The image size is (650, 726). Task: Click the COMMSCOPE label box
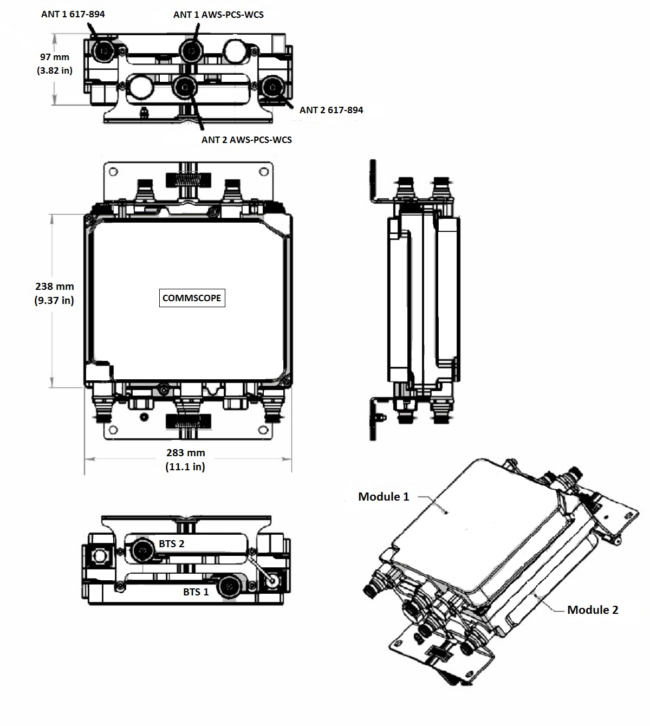point(192,298)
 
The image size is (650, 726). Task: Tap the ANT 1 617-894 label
point(73,14)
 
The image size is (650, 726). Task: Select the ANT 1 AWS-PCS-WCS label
point(218,15)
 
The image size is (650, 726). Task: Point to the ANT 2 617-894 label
point(331,110)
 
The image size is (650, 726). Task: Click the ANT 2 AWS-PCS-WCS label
point(246,140)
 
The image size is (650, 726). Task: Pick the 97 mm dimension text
point(55,57)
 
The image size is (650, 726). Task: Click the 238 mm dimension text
point(54,287)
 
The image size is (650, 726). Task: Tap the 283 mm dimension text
point(185,453)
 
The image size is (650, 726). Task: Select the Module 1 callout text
point(383,496)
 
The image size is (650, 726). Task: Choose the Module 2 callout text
point(593,610)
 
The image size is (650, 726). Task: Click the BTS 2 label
point(171,543)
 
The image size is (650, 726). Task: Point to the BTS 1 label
point(196,592)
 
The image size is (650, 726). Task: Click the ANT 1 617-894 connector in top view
point(102,52)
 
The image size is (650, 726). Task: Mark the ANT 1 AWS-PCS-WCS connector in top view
point(191,52)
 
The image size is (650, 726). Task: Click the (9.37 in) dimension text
point(54,300)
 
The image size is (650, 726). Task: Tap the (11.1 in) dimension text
point(185,466)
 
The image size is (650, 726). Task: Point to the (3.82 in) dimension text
point(55,70)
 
